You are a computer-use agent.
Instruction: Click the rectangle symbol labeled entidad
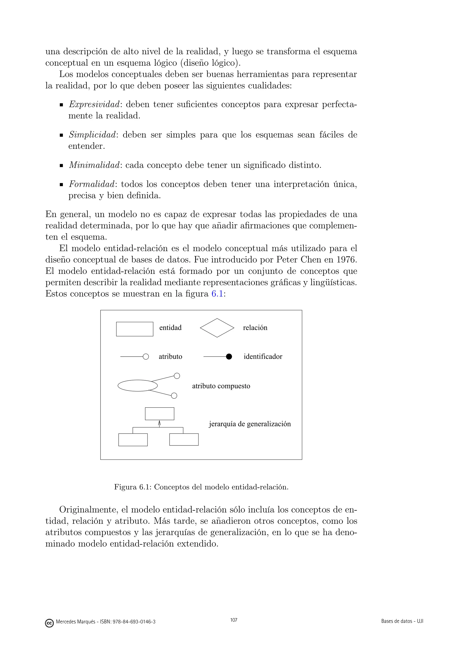[135, 329]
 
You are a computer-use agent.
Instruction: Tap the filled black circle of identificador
[229, 357]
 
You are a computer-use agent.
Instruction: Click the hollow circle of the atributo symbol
[146, 357]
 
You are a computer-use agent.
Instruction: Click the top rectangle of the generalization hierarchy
[159, 414]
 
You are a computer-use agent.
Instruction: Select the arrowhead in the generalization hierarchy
[159, 423]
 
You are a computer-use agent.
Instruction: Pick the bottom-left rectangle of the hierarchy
[133, 440]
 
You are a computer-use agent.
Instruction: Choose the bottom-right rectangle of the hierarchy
[184, 439]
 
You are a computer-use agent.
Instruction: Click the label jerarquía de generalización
[250, 424]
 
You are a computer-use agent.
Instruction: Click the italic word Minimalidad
[94, 165]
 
